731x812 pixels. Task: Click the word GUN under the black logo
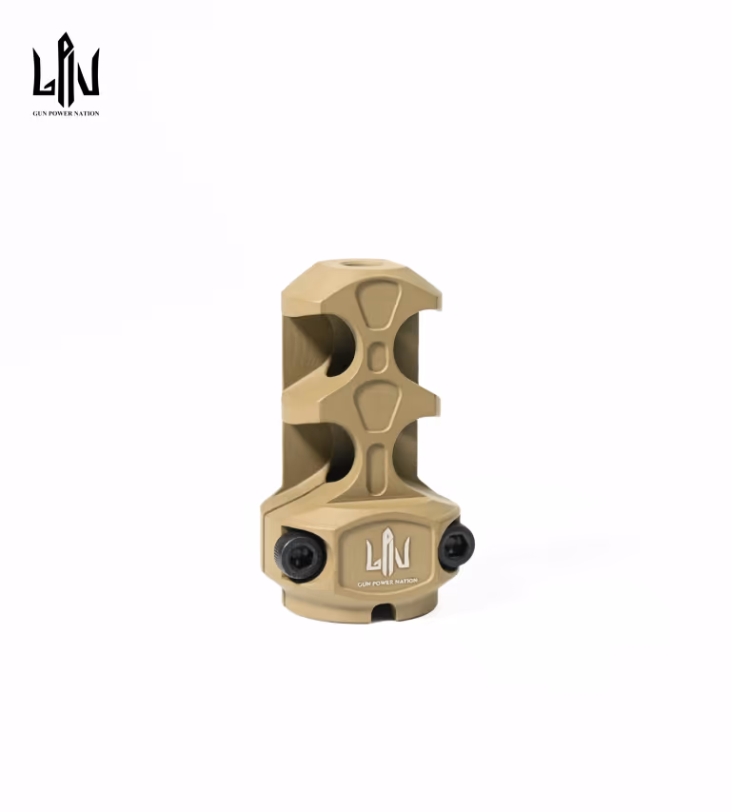(x=39, y=113)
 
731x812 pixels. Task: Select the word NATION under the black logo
(x=86, y=113)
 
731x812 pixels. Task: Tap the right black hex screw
(x=456, y=545)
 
